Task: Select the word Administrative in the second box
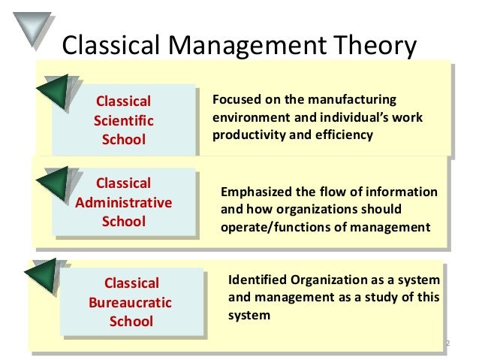pyautogui.click(x=124, y=202)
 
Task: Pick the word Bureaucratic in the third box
pyautogui.click(x=131, y=303)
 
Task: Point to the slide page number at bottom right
pyautogui.click(x=447, y=344)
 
